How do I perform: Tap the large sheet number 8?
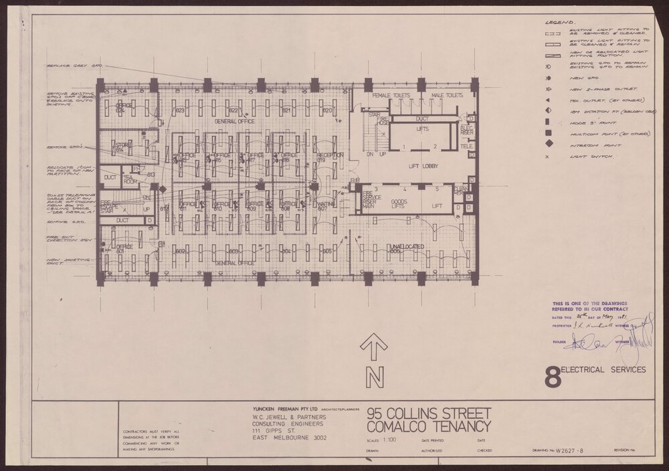(x=553, y=375)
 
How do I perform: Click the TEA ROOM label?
(x=130, y=178)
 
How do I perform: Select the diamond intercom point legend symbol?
(x=549, y=143)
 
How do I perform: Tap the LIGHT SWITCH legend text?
(x=583, y=156)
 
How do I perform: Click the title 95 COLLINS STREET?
(x=429, y=412)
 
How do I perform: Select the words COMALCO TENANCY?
(x=429, y=426)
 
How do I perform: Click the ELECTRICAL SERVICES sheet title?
(x=604, y=369)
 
